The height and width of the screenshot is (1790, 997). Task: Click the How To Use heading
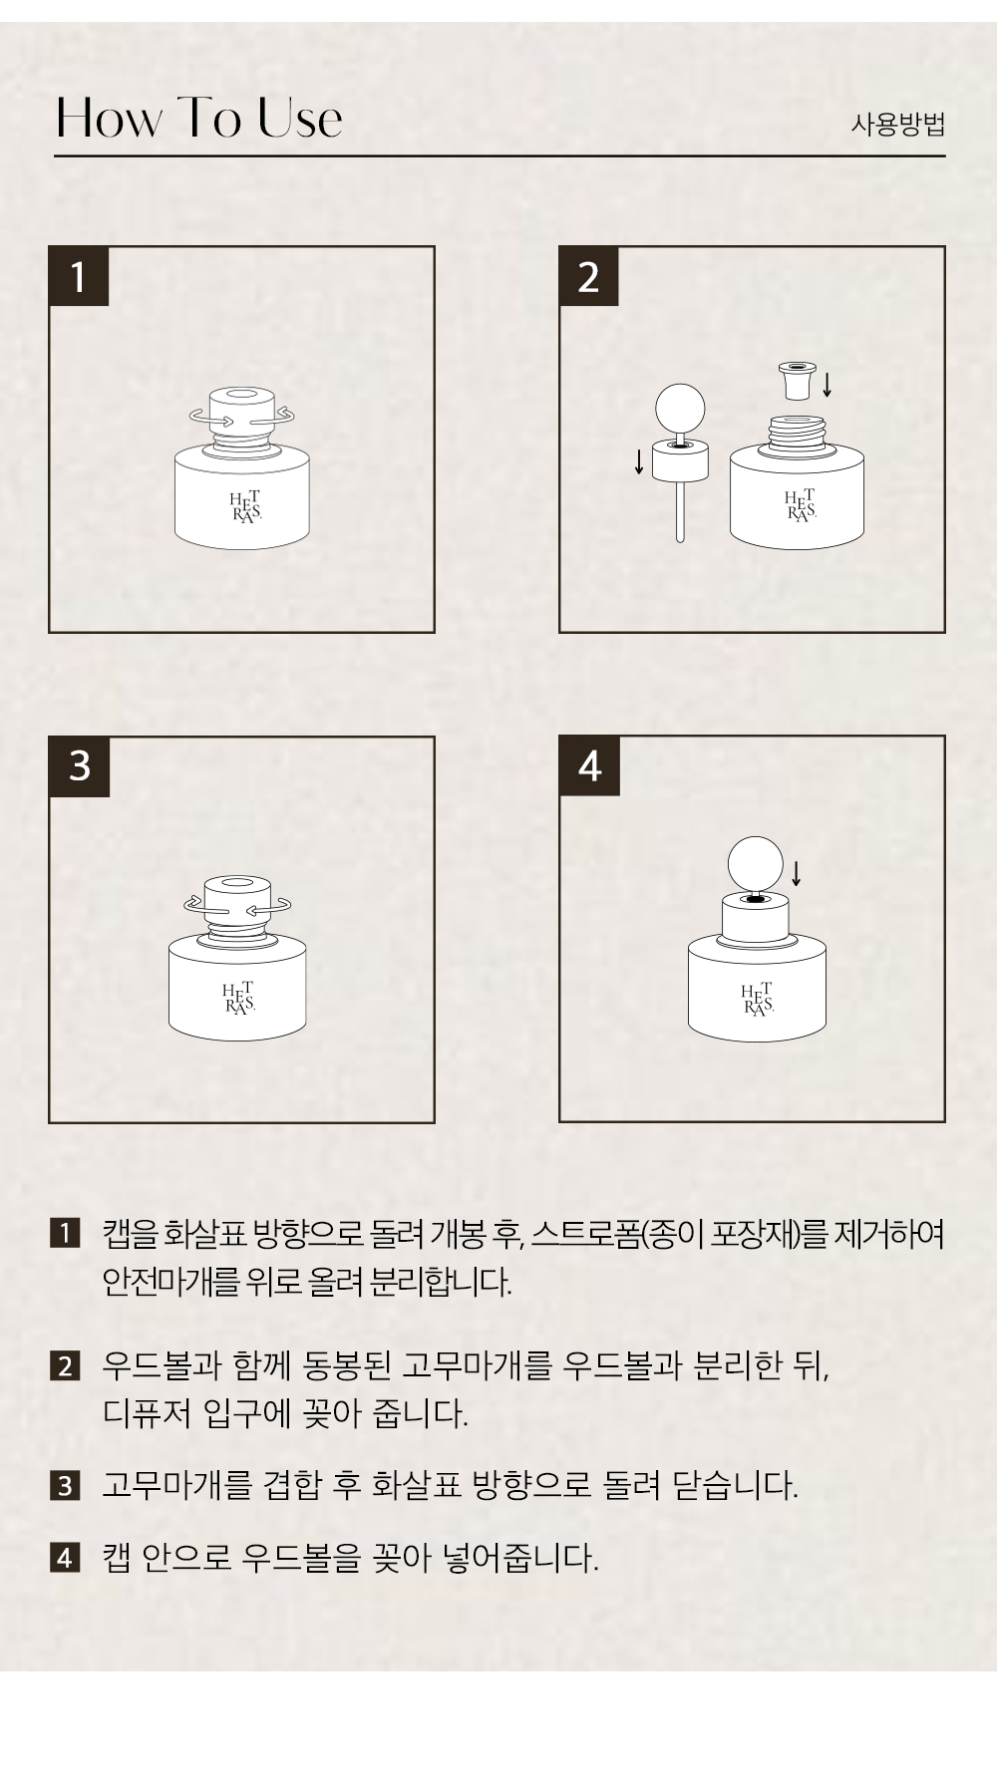199,118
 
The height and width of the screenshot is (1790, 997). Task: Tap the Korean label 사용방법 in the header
897,125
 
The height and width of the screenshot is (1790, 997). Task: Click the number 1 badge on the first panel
79,276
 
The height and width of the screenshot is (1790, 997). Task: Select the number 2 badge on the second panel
588,276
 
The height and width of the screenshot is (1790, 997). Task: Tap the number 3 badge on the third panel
80,766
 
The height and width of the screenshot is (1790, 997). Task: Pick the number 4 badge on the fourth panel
589,766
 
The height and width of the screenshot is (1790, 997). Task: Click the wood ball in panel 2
680,408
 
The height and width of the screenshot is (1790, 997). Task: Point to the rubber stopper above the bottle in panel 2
795,380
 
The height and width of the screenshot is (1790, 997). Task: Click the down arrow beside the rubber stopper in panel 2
828,385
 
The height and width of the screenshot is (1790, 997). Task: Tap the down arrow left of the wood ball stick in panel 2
639,461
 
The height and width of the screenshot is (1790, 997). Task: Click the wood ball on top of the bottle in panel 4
756,862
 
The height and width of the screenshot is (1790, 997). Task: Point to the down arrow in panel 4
796,872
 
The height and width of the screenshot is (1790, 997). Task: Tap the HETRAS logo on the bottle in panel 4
757,999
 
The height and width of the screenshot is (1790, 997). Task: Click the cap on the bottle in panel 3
237,902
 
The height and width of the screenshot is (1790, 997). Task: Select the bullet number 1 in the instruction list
64,1233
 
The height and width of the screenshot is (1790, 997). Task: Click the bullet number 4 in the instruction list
64,1557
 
